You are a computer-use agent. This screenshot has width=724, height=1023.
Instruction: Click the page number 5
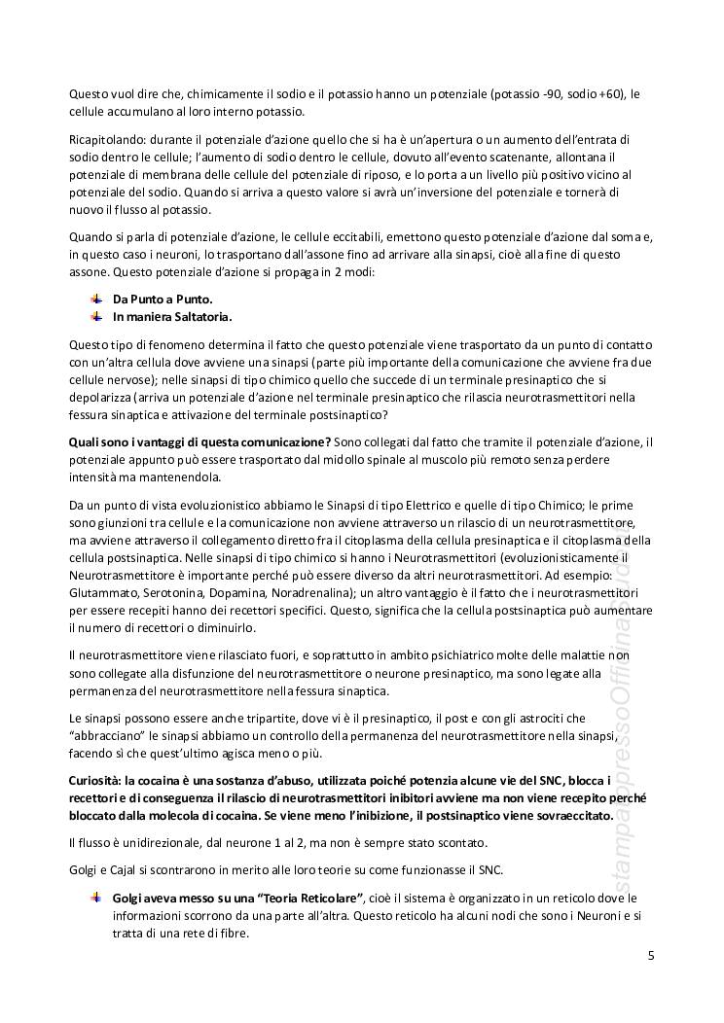(x=651, y=955)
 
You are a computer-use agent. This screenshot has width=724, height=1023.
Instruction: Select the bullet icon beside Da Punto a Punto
(x=95, y=299)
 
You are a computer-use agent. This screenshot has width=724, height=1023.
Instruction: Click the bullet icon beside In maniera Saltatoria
(x=95, y=316)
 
